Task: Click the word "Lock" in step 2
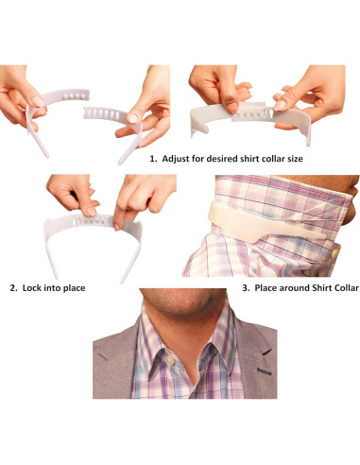(x=32, y=288)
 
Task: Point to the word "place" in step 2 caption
(x=75, y=288)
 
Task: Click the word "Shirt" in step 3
(x=321, y=288)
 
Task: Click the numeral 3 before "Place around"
(x=245, y=288)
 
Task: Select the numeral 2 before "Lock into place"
(x=12, y=288)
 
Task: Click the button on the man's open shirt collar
(x=170, y=360)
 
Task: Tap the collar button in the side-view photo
(x=335, y=252)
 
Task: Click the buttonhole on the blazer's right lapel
(x=265, y=371)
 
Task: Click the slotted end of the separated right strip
(x=102, y=112)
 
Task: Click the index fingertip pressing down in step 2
(x=117, y=226)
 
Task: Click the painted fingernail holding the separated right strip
(x=133, y=118)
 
